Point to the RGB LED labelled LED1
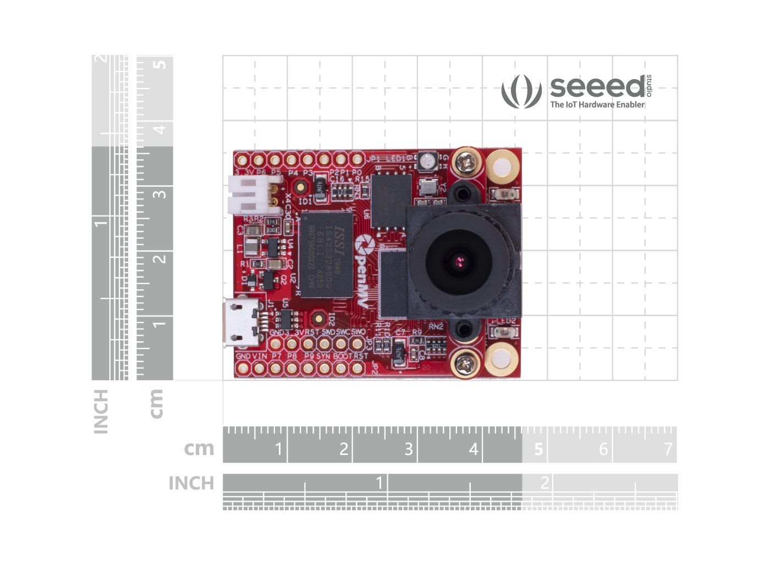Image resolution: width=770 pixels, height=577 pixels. click(x=427, y=161)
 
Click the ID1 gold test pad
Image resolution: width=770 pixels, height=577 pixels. click(x=300, y=187)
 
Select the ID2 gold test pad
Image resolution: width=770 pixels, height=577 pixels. click(x=317, y=318)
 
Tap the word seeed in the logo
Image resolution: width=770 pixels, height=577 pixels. click(x=597, y=87)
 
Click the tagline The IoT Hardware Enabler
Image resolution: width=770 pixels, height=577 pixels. click(x=597, y=104)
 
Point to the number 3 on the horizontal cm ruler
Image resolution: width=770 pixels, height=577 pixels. click(x=409, y=449)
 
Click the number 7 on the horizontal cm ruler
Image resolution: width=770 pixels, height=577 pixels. click(x=668, y=449)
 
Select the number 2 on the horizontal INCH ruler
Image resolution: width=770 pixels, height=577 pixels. click(x=544, y=482)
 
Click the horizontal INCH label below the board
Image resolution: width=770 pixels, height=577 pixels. click(x=191, y=483)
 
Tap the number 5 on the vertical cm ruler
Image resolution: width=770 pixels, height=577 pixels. click(x=159, y=64)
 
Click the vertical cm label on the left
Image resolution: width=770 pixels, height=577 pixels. click(x=157, y=403)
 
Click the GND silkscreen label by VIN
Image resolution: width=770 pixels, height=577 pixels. click(x=243, y=356)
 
